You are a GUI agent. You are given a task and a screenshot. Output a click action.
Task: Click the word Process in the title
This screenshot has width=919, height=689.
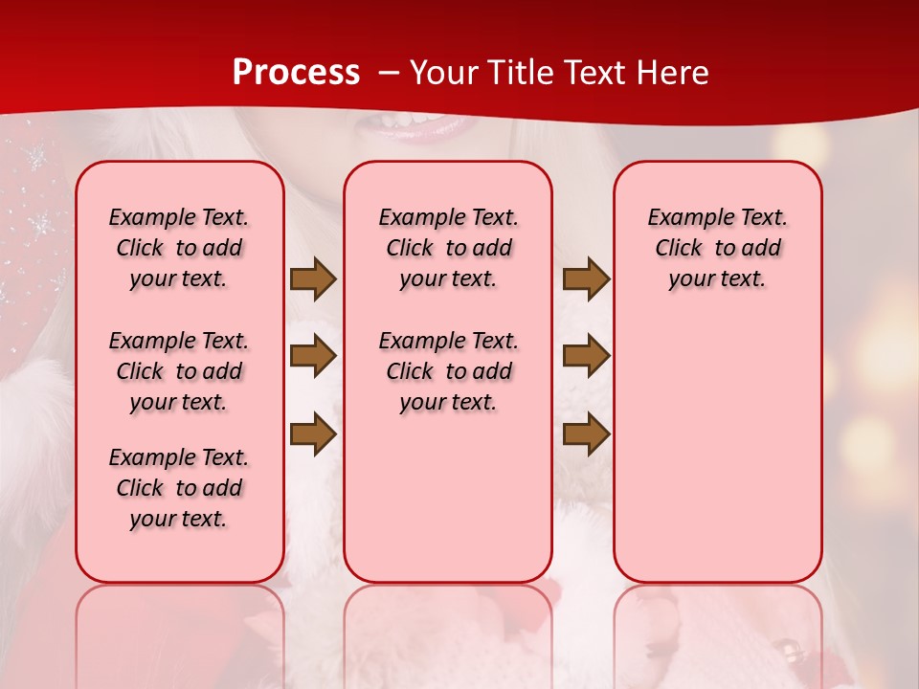[296, 73]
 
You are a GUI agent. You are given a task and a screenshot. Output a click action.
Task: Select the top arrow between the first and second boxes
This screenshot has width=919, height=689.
[313, 279]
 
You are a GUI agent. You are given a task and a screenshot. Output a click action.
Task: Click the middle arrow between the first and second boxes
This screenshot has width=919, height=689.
[313, 356]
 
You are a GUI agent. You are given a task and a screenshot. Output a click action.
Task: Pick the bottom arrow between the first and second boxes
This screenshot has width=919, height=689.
[313, 433]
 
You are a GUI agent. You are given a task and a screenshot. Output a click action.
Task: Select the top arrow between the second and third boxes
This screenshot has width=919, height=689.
[586, 279]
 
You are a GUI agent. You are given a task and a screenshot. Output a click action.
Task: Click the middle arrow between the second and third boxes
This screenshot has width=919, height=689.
[586, 356]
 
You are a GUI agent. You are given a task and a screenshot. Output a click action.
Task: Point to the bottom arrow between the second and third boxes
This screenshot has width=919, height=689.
[586, 433]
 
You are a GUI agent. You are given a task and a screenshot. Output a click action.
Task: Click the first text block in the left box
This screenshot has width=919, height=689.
[179, 248]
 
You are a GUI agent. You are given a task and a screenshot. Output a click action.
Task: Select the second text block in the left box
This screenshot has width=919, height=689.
[179, 371]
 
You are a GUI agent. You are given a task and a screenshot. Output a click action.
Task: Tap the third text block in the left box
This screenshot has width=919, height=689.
[179, 488]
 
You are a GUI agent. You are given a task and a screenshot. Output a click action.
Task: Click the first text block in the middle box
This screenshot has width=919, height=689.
[448, 248]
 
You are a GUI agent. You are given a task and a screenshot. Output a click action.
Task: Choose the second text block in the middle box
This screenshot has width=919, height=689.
[448, 371]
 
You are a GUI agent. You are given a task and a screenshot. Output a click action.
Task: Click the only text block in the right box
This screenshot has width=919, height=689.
[717, 248]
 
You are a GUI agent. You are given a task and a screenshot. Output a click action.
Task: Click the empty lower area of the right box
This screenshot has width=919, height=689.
[717, 459]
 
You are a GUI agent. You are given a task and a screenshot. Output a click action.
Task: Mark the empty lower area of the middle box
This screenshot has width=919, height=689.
[448, 498]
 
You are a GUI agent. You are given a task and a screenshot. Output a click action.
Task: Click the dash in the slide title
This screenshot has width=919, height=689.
[388, 73]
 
